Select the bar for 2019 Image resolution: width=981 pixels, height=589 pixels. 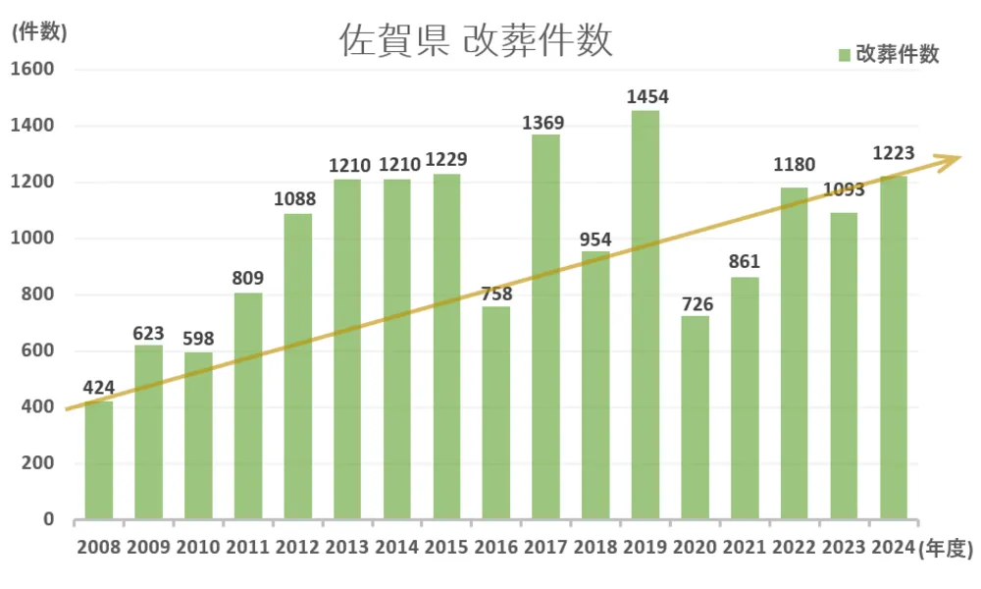click(x=645, y=314)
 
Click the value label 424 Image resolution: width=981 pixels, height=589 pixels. click(x=99, y=388)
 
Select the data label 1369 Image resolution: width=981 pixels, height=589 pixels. click(x=546, y=122)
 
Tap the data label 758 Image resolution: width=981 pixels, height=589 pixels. click(x=496, y=294)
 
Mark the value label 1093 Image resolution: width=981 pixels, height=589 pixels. click(x=844, y=189)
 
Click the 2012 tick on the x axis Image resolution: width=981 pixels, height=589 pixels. click(x=298, y=548)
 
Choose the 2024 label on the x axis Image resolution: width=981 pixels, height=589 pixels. click(x=893, y=548)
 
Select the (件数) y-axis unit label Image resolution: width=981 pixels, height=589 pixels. click(x=38, y=31)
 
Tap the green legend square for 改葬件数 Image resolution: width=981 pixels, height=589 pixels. click(x=844, y=55)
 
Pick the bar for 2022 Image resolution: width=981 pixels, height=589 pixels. click(x=795, y=353)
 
